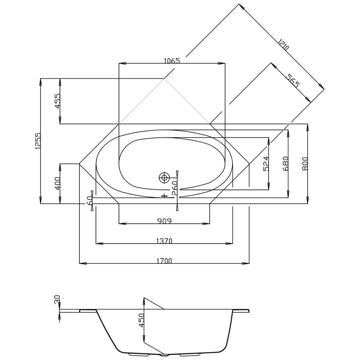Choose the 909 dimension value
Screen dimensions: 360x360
point(164,221)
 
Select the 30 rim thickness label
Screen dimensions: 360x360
point(57,300)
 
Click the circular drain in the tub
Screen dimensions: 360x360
point(165,177)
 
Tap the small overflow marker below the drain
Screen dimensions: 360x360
point(165,195)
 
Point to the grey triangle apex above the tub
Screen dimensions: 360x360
point(165,78)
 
